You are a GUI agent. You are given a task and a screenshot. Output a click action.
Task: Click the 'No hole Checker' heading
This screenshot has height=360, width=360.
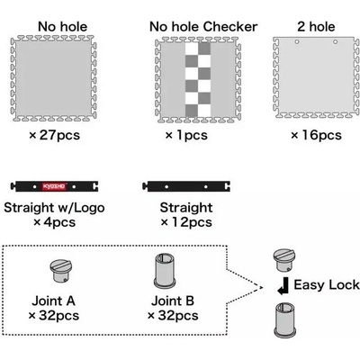tap(203, 27)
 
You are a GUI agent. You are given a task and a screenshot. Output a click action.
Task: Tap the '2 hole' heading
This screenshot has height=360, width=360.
tap(316, 27)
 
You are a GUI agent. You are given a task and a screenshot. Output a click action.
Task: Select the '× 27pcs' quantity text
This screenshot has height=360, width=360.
tap(55, 135)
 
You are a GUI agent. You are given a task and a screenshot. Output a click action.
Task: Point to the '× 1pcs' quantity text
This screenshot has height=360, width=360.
tap(186, 135)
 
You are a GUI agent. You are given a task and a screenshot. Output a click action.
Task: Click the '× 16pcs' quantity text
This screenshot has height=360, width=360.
tap(316, 135)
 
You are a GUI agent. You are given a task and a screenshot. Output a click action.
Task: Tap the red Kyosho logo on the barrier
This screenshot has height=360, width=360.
tap(54, 186)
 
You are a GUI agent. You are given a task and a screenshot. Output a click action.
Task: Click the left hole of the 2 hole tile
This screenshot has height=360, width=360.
tap(297, 42)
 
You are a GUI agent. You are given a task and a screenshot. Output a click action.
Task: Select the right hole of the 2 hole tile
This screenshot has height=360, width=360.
tap(336, 42)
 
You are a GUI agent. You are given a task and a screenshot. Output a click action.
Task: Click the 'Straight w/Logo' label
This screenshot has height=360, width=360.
tap(54, 208)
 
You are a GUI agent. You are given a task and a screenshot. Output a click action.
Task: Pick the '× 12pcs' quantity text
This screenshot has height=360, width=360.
tap(186, 222)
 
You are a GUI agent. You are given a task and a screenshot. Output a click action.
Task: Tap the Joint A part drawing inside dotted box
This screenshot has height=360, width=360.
tap(61, 271)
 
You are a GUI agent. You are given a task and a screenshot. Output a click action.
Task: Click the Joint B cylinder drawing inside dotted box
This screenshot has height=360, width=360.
tap(165, 271)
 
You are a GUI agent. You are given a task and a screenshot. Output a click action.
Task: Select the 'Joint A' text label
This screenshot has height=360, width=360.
tap(53, 301)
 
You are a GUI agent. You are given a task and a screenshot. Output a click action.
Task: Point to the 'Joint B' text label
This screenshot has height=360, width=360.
tap(173, 301)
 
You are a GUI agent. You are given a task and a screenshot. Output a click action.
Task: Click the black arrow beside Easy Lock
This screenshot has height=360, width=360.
tap(283, 286)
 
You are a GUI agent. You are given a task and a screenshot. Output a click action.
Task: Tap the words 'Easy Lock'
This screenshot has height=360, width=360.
tap(327, 285)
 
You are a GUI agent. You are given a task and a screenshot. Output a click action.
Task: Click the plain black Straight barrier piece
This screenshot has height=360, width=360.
tap(186, 186)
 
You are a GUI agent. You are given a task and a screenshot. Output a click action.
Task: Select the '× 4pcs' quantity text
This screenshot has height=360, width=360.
tap(54, 222)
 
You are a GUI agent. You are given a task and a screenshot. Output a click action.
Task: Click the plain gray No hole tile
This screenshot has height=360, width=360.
tap(54, 78)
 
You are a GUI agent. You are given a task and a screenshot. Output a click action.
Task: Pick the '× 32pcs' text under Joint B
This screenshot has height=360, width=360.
tap(173, 316)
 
